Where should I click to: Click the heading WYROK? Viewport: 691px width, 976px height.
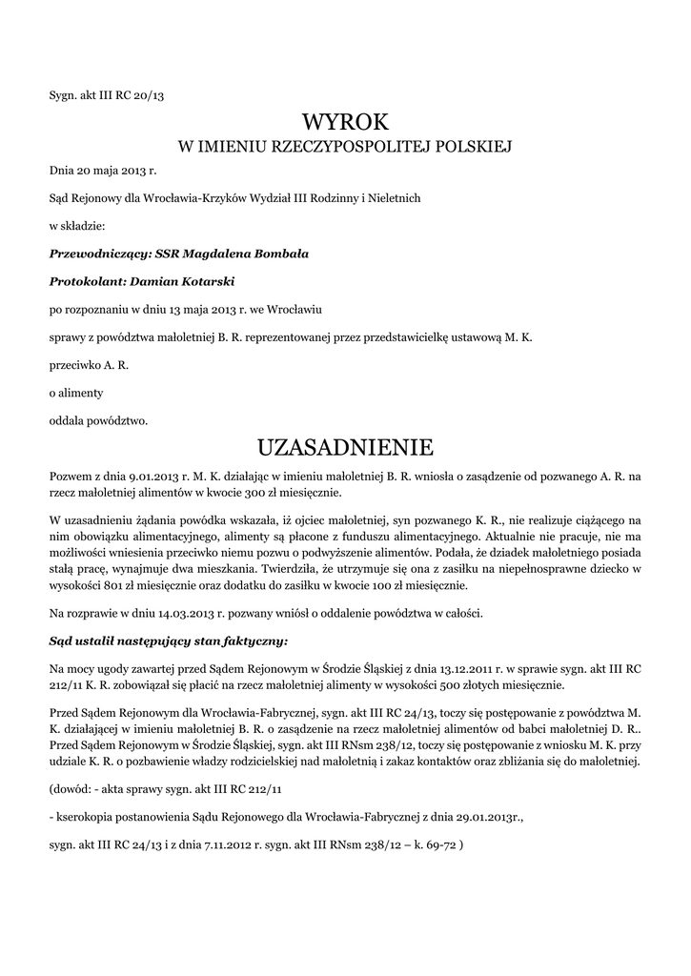pyautogui.click(x=346, y=121)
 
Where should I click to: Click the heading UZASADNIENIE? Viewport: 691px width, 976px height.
pyautogui.click(x=346, y=447)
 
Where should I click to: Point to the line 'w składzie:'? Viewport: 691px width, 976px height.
pyautogui.click(x=77, y=227)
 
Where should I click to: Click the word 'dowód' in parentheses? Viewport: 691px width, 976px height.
pyautogui.click(x=74, y=789)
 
